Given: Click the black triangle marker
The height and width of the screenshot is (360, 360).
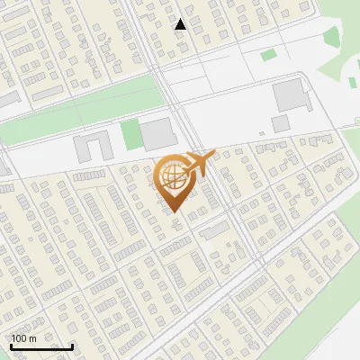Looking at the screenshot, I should [x=181, y=24].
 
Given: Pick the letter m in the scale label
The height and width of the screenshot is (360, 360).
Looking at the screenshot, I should [x=33, y=338].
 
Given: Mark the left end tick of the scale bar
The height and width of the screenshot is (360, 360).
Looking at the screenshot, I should [x=11, y=346].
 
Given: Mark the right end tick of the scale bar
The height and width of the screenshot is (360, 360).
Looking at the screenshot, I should [x=72, y=346].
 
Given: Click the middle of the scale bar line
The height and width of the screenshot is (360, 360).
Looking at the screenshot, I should [x=41, y=347].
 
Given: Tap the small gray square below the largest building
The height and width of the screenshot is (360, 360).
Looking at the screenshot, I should [x=280, y=121].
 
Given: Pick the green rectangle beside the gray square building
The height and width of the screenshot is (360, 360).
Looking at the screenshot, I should [x=131, y=135].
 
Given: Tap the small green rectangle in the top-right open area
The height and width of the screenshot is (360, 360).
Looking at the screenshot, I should [x=268, y=55].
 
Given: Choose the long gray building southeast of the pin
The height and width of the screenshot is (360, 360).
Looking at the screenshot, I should [x=214, y=231].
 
